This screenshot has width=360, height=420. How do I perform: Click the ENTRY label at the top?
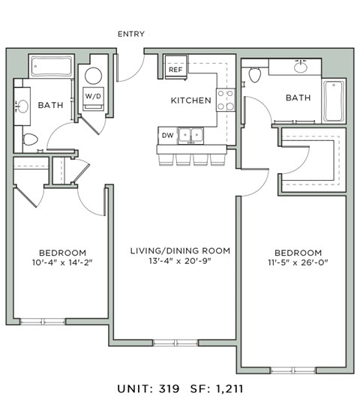click(131, 34)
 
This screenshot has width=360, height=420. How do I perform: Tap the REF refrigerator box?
click(175, 70)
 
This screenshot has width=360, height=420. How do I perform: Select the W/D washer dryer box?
click(93, 97)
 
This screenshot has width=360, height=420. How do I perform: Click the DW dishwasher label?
click(167, 135)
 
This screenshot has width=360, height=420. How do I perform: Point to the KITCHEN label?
click(190, 100)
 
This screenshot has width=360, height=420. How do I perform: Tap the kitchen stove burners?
click(225, 100)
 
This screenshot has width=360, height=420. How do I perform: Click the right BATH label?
click(298, 97)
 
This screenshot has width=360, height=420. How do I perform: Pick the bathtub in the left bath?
click(51, 67)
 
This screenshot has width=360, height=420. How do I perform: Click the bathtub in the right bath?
click(333, 100)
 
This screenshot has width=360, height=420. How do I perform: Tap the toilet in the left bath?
click(30, 139)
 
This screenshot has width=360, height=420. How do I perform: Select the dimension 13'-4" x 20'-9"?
click(180, 264)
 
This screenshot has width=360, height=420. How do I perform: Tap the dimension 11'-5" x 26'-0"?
click(298, 264)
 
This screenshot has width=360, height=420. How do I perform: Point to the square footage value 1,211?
click(227, 389)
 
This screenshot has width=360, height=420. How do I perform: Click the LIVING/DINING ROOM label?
click(180, 250)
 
